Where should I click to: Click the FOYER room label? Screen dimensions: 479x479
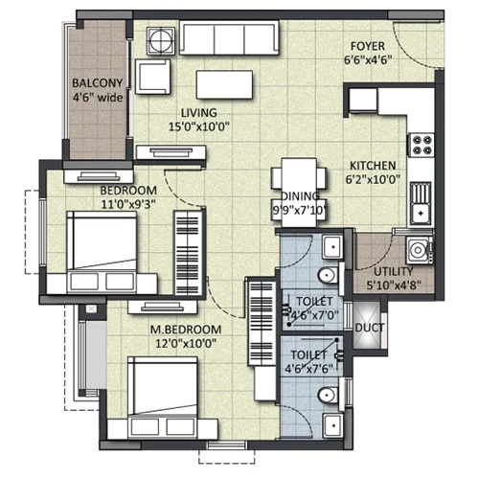(368, 46)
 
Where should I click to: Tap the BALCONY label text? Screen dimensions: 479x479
(98, 83)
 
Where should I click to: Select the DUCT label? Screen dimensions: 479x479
(370, 328)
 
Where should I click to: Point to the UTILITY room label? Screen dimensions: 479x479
(394, 272)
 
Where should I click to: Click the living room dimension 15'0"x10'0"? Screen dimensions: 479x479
(199, 126)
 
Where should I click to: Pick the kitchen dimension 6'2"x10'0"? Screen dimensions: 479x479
(373, 179)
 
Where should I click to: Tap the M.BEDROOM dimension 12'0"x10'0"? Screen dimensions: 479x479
(186, 344)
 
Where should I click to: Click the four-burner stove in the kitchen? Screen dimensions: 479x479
(422, 145)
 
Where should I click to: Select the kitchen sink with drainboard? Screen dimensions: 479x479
(421, 203)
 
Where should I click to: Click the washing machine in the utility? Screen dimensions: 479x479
(420, 250)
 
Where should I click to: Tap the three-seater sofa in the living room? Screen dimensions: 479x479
(229, 37)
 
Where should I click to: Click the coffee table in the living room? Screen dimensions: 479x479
(224, 84)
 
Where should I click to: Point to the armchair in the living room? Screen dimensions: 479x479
(152, 77)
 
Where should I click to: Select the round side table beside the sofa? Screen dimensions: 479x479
(161, 40)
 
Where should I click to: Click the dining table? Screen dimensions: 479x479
(299, 193)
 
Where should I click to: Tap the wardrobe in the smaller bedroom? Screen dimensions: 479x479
(189, 253)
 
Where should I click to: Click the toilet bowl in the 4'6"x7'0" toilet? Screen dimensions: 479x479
(328, 275)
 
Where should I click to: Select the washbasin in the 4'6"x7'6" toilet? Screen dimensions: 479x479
(332, 425)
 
